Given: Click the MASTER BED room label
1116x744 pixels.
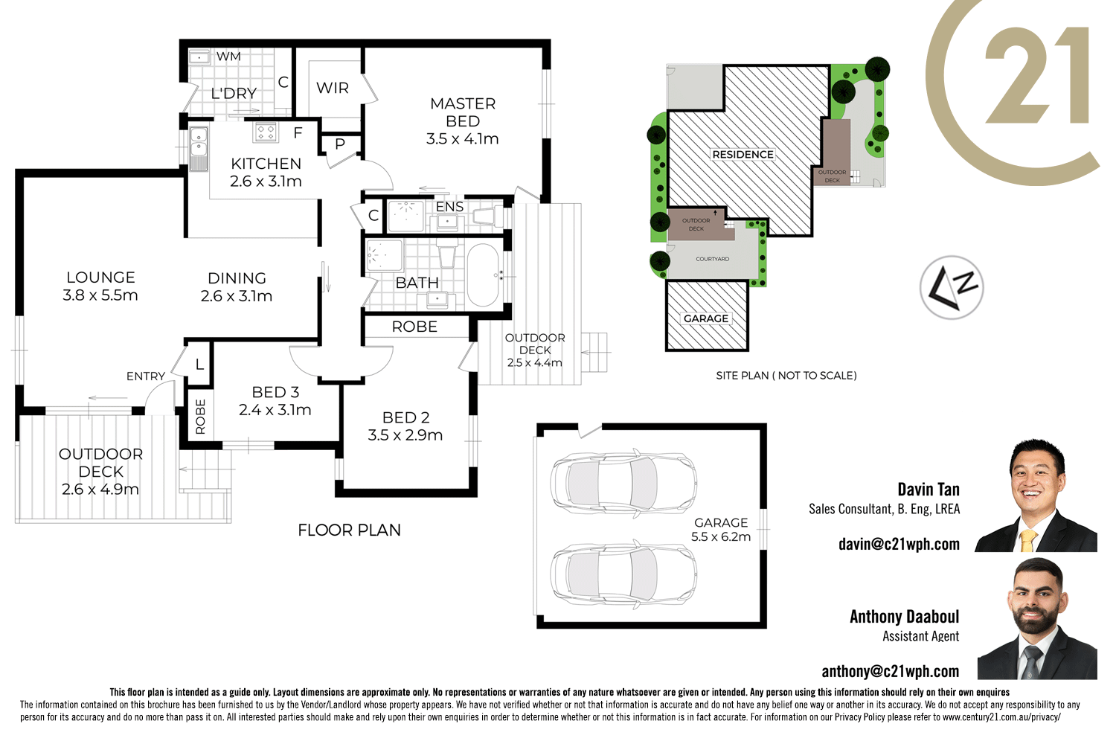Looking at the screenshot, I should [463, 112].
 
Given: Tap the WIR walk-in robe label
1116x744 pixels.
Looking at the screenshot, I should [332, 88].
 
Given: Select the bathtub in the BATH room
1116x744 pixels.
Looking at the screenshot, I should [483, 275].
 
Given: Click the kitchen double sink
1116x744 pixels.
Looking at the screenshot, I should [198, 147].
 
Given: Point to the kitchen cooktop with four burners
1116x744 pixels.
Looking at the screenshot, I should [266, 132].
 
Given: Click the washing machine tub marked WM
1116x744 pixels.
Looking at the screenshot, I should [200, 57].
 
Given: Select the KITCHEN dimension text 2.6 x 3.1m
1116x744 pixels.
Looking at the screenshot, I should [266, 182].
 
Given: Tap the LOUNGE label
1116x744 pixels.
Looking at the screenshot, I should [100, 278].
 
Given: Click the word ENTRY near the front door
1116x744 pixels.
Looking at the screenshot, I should [145, 376].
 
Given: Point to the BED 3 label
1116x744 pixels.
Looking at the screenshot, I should [275, 392].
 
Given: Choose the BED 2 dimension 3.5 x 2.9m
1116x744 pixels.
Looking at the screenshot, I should [405, 435].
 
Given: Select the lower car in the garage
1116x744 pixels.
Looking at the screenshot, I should [623, 574].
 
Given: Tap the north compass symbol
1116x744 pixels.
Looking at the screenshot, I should [952, 287].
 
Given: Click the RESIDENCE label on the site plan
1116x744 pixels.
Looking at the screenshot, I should [743, 155].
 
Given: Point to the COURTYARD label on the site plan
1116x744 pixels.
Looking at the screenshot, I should [712, 259].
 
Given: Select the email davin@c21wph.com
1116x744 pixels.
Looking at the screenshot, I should [899, 544].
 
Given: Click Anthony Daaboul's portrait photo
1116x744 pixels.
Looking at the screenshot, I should [1037, 619].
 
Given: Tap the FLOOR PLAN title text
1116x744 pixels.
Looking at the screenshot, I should [349, 530].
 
